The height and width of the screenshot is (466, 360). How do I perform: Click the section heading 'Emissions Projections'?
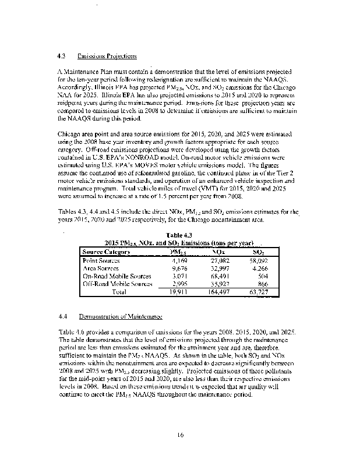[x=107, y=57]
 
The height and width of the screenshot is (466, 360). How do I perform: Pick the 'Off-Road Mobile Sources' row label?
[x=118, y=284]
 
